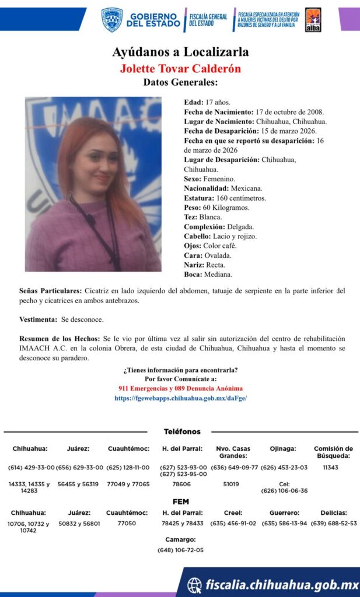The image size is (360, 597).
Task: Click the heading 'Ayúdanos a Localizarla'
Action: coord(180,52)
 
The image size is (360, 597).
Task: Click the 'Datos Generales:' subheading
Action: coord(180,82)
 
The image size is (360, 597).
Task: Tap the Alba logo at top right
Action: coord(313,19)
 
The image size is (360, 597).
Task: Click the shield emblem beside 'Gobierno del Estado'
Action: coord(112,19)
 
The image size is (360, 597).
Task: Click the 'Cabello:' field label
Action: coord(198,236)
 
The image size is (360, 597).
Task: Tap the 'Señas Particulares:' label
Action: coord(50,290)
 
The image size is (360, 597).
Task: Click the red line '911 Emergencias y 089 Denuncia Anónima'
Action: coord(180,388)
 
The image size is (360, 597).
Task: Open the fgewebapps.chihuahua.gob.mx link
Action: coord(180,398)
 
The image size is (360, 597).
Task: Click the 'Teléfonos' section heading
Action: coord(181,431)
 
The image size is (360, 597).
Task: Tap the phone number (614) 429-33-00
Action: coord(32,468)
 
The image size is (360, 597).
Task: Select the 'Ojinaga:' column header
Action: coord(284,449)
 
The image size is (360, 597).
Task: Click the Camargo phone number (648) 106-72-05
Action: coord(180,550)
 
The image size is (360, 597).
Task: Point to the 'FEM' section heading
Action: coord(180,501)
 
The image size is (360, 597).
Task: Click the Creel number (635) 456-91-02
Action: coord(234,523)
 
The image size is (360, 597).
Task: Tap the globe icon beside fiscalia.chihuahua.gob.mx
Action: coord(194,585)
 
